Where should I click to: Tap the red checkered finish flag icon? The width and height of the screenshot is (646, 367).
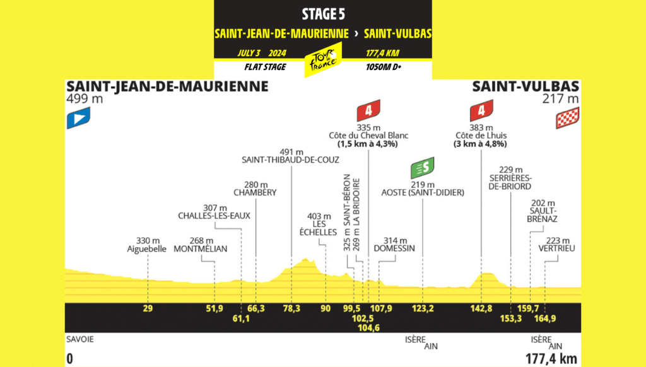(567, 118)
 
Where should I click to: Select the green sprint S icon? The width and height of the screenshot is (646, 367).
(422, 169)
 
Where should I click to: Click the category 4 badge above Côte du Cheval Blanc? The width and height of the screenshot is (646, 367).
(368, 112)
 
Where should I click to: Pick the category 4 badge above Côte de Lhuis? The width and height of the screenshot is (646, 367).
(481, 112)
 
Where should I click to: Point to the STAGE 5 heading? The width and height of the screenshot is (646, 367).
(323, 13)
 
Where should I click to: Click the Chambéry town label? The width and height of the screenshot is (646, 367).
(255, 192)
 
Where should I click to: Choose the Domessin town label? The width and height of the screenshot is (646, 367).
(394, 249)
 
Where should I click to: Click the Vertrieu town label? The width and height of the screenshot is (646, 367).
(555, 249)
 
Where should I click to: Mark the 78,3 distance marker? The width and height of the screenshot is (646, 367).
(291, 309)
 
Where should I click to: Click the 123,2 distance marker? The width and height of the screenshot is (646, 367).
(423, 309)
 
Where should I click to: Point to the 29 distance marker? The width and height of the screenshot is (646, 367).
(148, 309)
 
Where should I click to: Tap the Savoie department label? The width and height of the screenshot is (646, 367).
(79, 339)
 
